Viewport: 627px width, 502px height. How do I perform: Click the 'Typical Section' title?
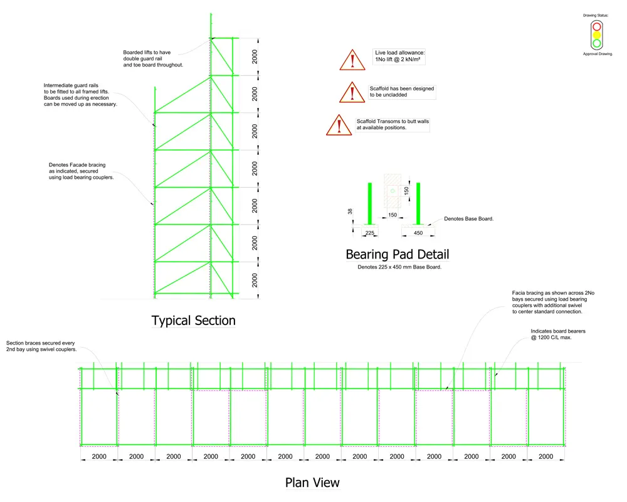click(193, 321)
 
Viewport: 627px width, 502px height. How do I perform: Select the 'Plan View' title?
click(312, 483)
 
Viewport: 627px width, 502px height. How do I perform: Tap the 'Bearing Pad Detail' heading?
click(398, 255)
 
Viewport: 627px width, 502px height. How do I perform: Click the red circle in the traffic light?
click(597, 27)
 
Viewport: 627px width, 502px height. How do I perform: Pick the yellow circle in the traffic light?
click(597, 35)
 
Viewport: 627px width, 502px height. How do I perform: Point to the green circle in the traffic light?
click(597, 43)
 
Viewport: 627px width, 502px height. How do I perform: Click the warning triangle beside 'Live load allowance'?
click(352, 60)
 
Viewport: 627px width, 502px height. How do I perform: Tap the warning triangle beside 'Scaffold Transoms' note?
click(339, 125)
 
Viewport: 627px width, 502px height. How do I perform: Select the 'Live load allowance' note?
click(399, 56)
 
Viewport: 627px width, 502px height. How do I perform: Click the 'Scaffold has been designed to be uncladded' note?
click(401, 92)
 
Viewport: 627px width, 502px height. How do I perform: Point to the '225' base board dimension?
click(370, 233)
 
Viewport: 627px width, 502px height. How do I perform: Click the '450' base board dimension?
click(418, 233)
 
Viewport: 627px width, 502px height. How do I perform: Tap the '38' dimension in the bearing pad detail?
click(350, 211)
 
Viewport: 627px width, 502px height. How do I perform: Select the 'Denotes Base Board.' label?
click(468, 219)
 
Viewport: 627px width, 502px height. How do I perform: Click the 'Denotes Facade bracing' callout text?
click(81, 171)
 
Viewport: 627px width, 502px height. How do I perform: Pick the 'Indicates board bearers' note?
click(558, 334)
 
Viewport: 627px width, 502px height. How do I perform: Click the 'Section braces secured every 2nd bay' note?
click(41, 346)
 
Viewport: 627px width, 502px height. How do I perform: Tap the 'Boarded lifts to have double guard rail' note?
click(153, 58)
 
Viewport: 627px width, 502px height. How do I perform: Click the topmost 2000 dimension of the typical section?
click(255, 57)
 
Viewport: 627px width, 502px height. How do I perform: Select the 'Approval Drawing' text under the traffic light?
click(598, 54)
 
